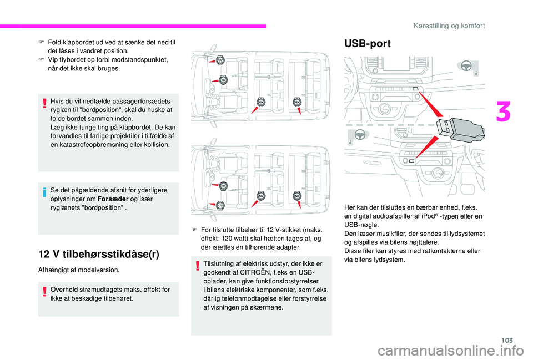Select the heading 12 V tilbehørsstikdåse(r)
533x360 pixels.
(99, 255)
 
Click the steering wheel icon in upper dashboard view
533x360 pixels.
(465, 67)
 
